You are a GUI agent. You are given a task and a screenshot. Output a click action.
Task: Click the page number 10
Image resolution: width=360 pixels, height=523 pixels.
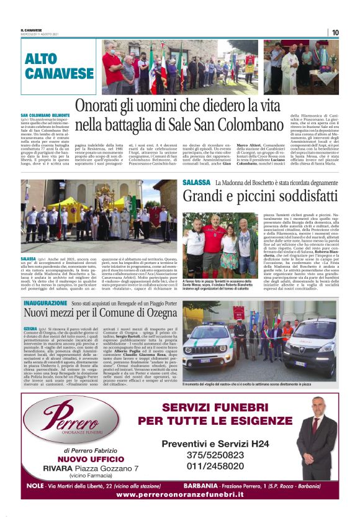pos(335,32)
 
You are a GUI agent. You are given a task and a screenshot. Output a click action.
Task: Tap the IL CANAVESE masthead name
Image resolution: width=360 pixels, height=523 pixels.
pos(32,30)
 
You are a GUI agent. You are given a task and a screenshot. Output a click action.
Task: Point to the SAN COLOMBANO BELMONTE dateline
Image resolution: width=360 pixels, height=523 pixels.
pos(45,116)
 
